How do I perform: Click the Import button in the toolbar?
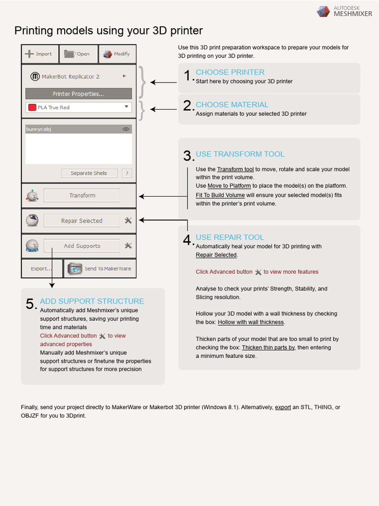pos(39,54)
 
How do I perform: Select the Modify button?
pos(117,54)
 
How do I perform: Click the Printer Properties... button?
pos(78,94)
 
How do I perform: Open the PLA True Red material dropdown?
pos(126,107)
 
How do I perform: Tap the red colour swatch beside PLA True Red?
pos(33,107)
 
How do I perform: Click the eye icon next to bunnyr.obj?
pos(126,129)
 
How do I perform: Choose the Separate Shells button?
pos(89,173)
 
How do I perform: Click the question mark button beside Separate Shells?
pos(127,173)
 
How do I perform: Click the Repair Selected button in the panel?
pos(82,221)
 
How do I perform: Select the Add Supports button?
pos(82,246)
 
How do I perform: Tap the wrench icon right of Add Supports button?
pos(128,246)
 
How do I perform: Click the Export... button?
pos(41,269)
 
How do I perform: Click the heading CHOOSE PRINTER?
pos(230,72)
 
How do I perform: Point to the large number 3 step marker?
pos(188,156)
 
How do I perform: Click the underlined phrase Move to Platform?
pos(229,186)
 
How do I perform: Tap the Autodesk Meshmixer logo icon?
pos(323,11)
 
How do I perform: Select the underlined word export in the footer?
pos(283,408)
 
